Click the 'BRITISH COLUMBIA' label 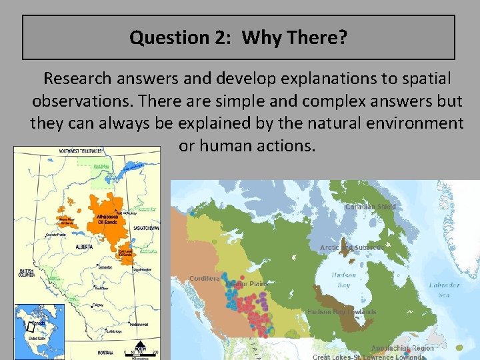[27, 273]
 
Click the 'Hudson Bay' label [343, 279]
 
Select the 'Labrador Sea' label [444, 289]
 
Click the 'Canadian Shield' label [370, 207]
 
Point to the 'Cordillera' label [205, 279]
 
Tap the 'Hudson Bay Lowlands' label [341, 311]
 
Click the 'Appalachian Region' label [402, 348]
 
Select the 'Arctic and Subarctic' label [352, 247]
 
